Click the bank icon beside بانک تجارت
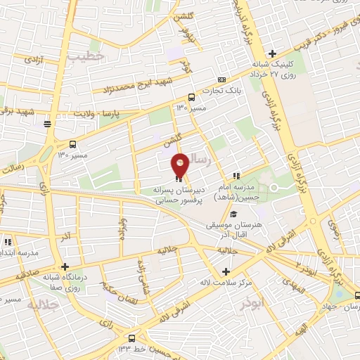(x=222, y=79)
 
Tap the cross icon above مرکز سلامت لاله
(x=225, y=272)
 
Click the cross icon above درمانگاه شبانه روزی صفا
(x=65, y=267)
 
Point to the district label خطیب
(x=109, y=56)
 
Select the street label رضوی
(x=334, y=229)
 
